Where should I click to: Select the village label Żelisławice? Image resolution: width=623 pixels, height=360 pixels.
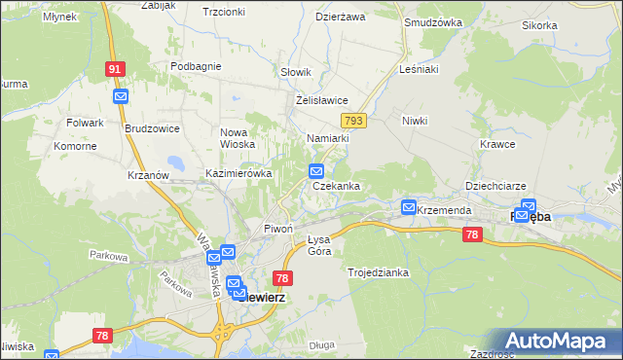coord(321,100)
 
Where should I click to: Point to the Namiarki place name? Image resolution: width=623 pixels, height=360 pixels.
coord(327,139)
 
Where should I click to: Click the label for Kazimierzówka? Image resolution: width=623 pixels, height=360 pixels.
coord(238,173)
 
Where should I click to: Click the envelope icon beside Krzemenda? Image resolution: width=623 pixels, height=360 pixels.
coord(409,207)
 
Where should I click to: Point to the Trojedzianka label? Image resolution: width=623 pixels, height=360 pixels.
coord(378,272)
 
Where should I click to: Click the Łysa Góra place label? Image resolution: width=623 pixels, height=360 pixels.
coord(312,245)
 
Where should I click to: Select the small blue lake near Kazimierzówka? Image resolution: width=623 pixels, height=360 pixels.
coord(176,163)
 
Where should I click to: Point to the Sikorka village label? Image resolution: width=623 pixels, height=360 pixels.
coord(567,25)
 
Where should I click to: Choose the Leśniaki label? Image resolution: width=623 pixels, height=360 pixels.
coord(420,70)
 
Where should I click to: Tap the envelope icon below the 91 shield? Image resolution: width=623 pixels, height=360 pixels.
coord(121,96)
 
